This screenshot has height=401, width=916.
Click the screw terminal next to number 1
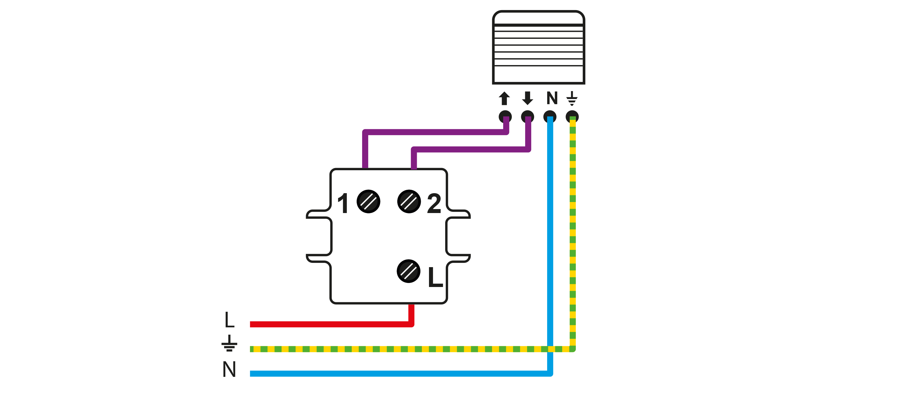pyautogui.click(x=369, y=201)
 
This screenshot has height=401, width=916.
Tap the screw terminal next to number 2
pyautogui.click(x=409, y=201)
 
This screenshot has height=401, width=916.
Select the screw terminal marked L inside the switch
pyautogui.click(x=409, y=271)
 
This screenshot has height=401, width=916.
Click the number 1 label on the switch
pyautogui.click(x=343, y=203)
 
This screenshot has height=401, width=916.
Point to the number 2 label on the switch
pyautogui.click(x=434, y=203)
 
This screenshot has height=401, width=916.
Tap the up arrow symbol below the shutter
pyautogui.click(x=504, y=98)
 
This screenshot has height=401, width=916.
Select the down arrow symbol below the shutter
pyautogui.click(x=527, y=98)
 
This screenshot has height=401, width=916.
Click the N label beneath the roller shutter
pyautogui.click(x=552, y=98)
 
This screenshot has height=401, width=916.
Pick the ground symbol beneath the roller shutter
pyautogui.click(x=572, y=98)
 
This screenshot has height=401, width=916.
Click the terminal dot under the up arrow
pyautogui.click(x=505, y=117)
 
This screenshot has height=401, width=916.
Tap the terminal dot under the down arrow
pyautogui.click(x=527, y=117)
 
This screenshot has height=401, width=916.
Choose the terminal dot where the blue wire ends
pyautogui.click(x=550, y=117)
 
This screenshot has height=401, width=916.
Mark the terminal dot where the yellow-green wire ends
pyautogui.click(x=572, y=117)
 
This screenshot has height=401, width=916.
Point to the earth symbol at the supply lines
pyautogui.click(x=229, y=343)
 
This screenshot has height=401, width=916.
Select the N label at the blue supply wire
pyautogui.click(x=229, y=369)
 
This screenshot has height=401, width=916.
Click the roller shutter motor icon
pyautogui.click(x=538, y=47)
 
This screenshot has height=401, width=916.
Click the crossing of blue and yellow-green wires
pyautogui.click(x=550, y=349)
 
